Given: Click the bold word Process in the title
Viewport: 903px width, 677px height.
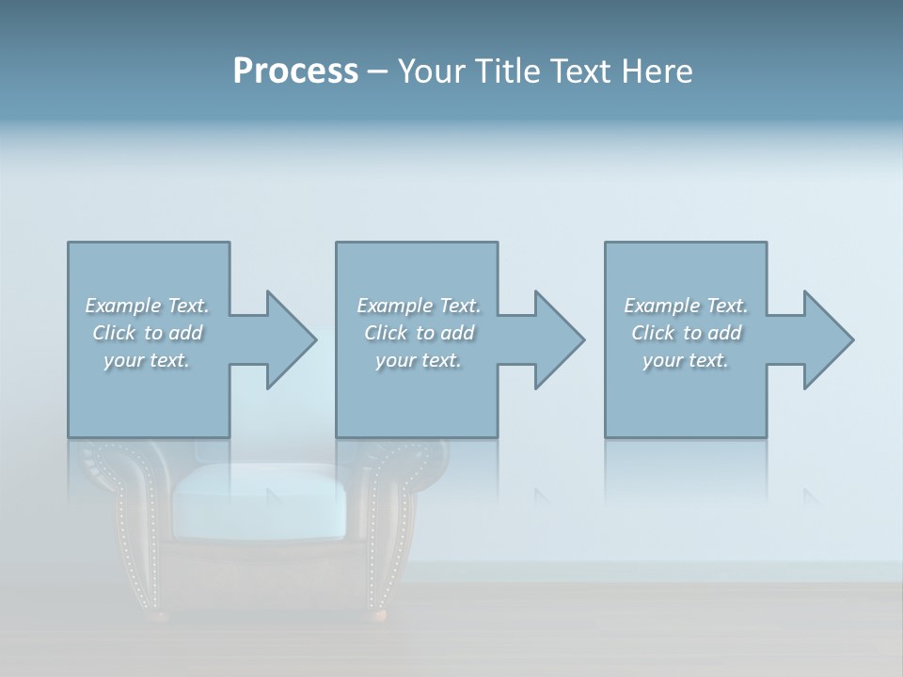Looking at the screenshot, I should coord(295,71).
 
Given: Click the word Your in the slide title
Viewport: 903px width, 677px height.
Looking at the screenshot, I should coord(433,71).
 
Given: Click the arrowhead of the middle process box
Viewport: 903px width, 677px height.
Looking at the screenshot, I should coord(557,339).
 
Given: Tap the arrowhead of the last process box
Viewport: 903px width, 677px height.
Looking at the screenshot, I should coord(826,339).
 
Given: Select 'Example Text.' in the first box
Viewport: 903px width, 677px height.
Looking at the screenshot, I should coord(147,306).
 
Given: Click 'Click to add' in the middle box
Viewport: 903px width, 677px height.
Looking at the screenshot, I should coord(419,333).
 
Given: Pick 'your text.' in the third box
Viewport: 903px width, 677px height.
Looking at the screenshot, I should coord(686,360).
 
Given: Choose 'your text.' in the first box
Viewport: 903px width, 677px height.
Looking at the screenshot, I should coord(147,360).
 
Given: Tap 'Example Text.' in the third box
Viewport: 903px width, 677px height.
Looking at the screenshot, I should coord(686,306).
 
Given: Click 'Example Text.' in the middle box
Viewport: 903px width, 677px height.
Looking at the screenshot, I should coord(419,306).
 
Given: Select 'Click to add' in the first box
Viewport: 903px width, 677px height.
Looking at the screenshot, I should coord(147,333).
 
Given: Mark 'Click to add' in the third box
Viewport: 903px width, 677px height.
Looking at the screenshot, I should coord(686,333).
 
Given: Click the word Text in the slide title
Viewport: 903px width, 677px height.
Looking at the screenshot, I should coord(579,71).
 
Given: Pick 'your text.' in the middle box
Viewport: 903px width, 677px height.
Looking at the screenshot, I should coord(419,360).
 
